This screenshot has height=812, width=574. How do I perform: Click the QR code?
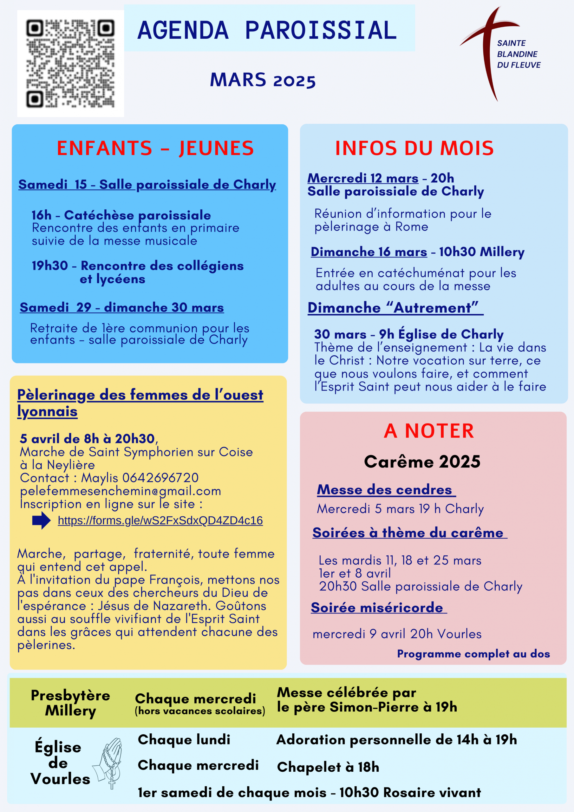click(x=70, y=64)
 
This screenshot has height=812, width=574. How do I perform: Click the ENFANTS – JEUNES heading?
click(x=155, y=148)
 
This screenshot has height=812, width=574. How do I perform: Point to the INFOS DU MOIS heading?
click(x=414, y=148)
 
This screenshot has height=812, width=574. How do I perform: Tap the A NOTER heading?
click(x=429, y=431)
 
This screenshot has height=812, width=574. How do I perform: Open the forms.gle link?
click(x=160, y=520)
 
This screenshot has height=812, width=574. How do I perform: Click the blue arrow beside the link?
click(x=41, y=520)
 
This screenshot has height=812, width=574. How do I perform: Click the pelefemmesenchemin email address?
click(x=120, y=491)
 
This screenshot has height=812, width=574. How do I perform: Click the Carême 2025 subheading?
click(x=422, y=462)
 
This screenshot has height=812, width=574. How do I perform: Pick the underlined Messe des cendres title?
click(x=384, y=490)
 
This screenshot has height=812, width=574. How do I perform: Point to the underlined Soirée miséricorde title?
click(x=377, y=608)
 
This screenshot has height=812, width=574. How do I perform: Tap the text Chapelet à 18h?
click(x=328, y=767)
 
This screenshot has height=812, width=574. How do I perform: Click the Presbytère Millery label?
click(x=70, y=703)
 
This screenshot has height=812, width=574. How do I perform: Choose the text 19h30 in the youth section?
click(x=49, y=265)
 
